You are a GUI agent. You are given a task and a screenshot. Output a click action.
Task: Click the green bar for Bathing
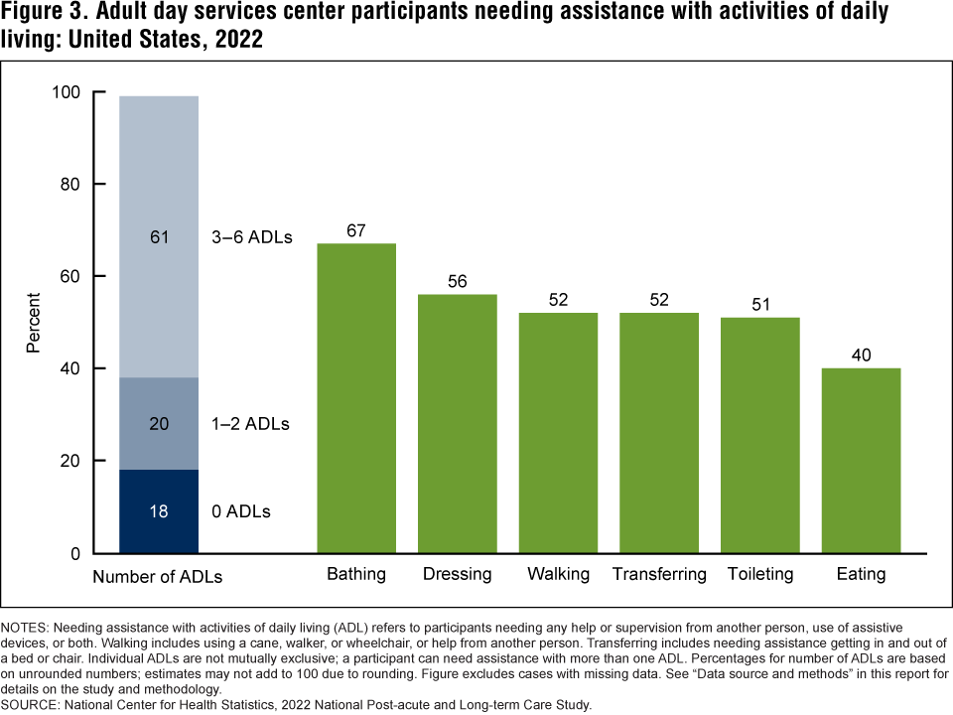pyautogui.click(x=356, y=397)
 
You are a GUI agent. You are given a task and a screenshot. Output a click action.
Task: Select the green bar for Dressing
pyautogui.click(x=457, y=423)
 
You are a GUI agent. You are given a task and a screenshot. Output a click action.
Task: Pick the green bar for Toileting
pyautogui.click(x=759, y=435)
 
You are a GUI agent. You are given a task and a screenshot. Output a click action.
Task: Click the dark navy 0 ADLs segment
pyautogui.click(x=159, y=511)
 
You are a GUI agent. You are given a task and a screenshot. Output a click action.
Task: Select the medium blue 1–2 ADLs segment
pyautogui.click(x=159, y=423)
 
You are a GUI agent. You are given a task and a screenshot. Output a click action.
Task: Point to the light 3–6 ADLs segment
pyautogui.click(x=159, y=237)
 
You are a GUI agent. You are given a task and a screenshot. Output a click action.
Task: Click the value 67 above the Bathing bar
pyautogui.click(x=356, y=231)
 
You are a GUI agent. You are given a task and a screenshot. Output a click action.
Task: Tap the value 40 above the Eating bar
pyautogui.click(x=861, y=356)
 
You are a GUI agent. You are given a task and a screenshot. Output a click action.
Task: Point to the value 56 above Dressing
pyautogui.click(x=457, y=282)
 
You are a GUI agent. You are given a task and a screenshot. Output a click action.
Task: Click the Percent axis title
pyautogui.click(x=34, y=323)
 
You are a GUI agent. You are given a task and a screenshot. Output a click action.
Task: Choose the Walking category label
pyautogui.click(x=558, y=574)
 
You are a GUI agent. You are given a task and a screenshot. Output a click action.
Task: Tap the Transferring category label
pyautogui.click(x=659, y=574)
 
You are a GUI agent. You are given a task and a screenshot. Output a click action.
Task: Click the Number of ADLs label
pyautogui.click(x=158, y=576)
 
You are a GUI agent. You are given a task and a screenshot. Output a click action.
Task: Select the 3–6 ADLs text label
pyautogui.click(x=251, y=237)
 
